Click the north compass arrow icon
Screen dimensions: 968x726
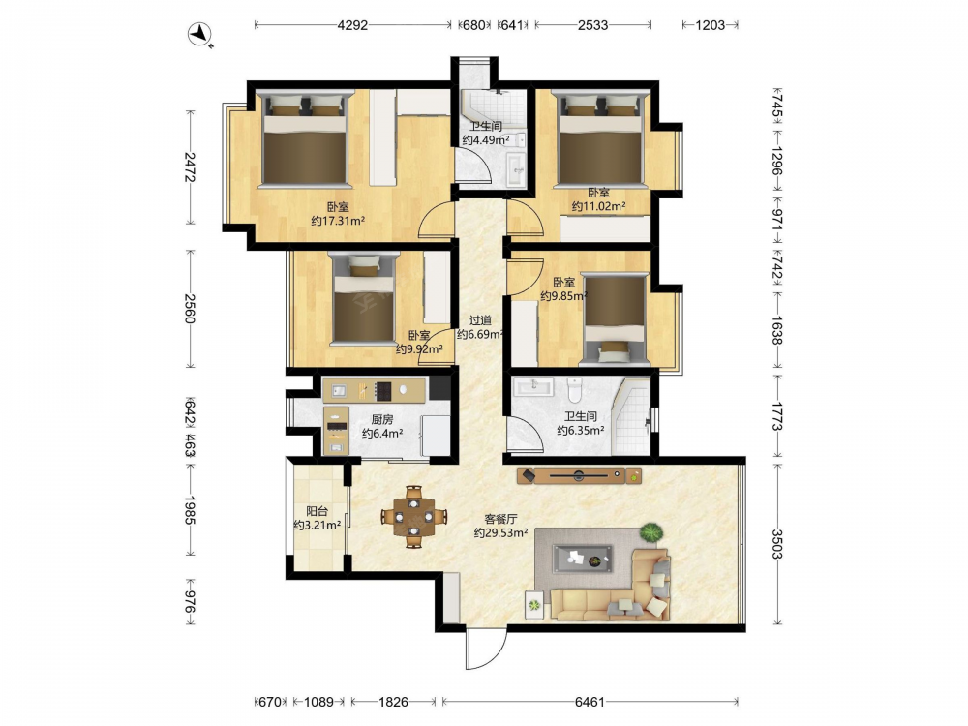tap(200, 34)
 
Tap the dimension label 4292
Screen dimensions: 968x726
tap(352, 25)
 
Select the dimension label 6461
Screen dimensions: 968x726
tap(590, 702)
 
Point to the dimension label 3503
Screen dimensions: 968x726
tap(776, 544)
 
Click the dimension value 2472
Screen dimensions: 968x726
tap(190, 167)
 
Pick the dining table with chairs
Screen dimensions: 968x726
tap(414, 516)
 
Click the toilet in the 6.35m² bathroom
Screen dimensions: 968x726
tap(575, 389)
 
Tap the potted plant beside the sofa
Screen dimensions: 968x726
tap(650, 532)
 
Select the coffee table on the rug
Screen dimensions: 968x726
tap(583, 559)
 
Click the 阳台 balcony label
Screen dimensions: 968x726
tap(318, 512)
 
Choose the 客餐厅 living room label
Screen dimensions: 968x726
tap(500, 519)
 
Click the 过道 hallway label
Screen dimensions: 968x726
tap(480, 320)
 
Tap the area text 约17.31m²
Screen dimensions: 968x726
tap(338, 221)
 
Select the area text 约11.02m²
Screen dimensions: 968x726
tap(598, 207)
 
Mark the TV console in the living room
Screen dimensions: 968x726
tap(579, 475)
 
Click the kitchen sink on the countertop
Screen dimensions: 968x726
tap(338, 390)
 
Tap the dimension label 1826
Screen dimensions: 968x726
tap(393, 702)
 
